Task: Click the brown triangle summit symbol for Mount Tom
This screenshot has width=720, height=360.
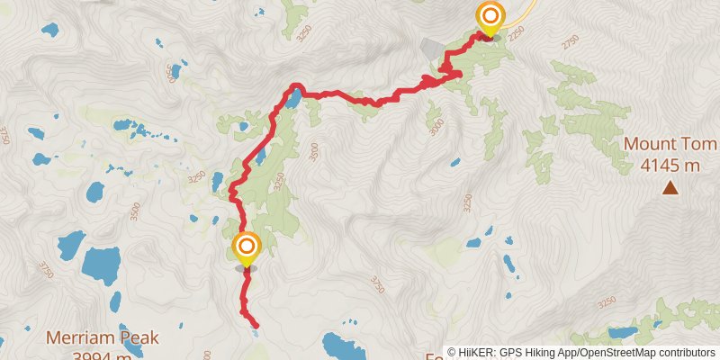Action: (670, 187)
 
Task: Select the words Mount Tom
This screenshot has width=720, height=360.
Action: (670, 145)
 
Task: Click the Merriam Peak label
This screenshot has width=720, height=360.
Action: (103, 338)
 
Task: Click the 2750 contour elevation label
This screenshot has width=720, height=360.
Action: (570, 42)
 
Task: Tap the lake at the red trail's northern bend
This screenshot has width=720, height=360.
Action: (294, 97)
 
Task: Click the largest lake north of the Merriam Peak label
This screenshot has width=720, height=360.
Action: (101, 263)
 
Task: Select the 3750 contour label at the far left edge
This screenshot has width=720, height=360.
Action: (4, 135)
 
